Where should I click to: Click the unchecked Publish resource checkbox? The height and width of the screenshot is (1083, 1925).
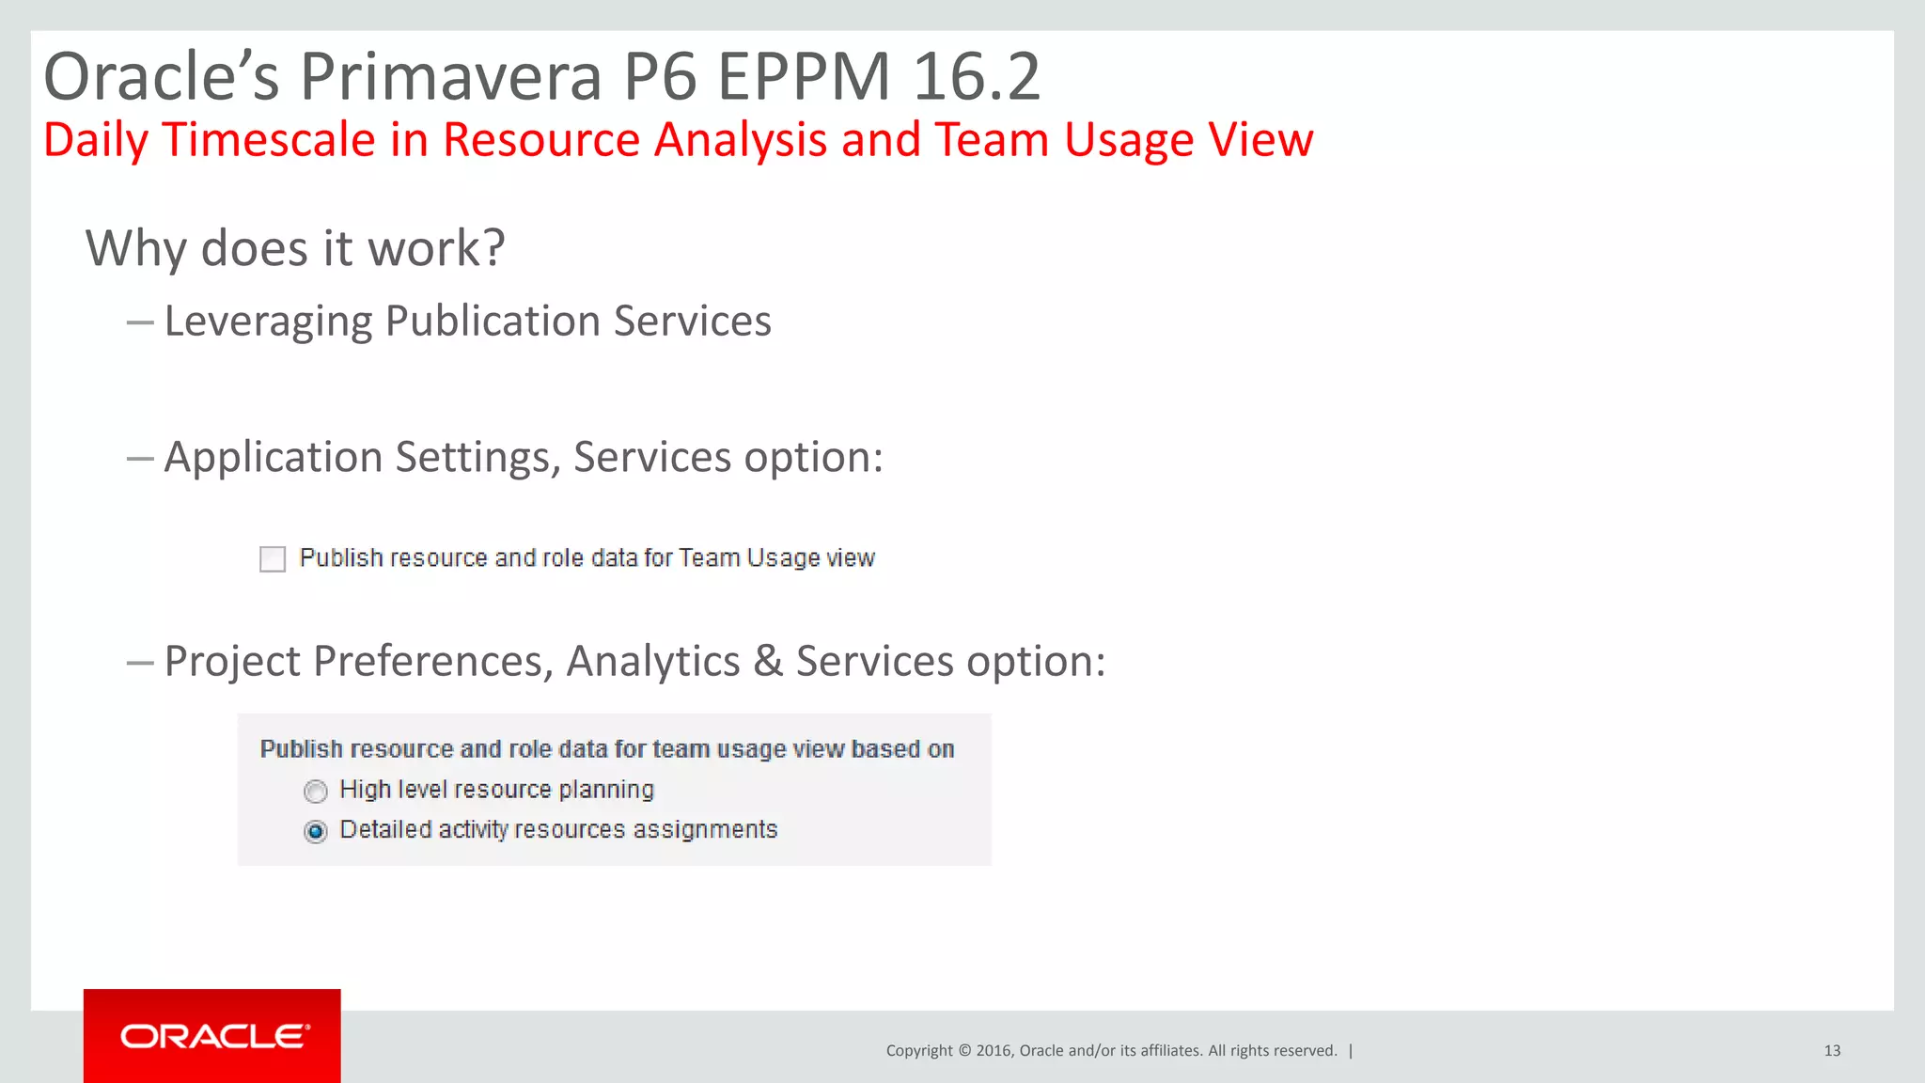273,559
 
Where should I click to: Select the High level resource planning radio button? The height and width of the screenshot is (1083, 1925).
316,792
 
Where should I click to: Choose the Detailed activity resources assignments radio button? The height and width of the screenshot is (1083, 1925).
316,832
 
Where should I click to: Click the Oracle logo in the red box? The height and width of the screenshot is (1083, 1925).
214,1036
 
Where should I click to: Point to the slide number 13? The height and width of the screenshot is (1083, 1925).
1832,1051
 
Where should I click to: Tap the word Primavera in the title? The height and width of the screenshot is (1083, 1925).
450,77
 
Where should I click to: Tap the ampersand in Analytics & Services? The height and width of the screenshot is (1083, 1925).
768,661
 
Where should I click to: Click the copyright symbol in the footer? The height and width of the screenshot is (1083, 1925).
963,1051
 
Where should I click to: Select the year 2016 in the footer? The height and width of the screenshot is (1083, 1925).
993,1051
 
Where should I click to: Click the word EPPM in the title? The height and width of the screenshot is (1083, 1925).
804,77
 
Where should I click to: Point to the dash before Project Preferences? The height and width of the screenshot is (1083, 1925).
140,663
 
